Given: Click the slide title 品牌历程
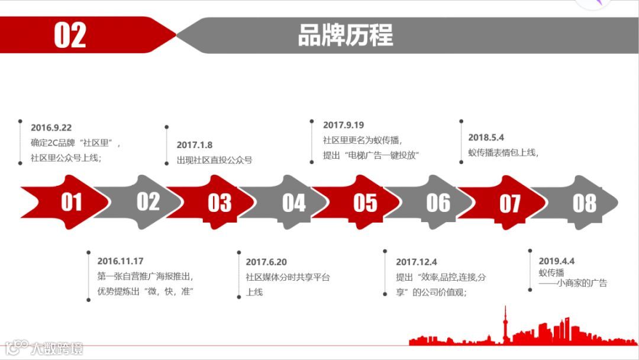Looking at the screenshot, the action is [345, 35].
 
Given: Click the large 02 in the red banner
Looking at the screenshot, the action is [70, 35].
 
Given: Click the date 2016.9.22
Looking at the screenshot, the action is [51, 127].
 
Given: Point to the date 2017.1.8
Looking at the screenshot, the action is [194, 144].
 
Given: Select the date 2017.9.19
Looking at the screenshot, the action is [343, 125].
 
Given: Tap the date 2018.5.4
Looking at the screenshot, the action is [486, 137].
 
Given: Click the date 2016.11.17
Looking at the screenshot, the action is [120, 261].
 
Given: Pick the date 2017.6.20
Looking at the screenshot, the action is [266, 262].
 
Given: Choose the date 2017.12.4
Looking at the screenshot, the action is [416, 262].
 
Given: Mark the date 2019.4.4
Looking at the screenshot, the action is [556, 261].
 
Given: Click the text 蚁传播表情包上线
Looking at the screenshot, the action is [503, 153].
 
